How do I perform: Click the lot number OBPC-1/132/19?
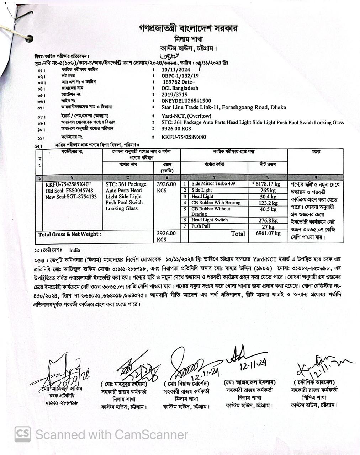[180, 76]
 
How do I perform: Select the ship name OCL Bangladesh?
[180, 88]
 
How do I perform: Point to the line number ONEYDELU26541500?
[186, 101]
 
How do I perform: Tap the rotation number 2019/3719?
[174, 95]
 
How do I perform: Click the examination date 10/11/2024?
[176, 70]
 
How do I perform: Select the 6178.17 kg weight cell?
[267, 184]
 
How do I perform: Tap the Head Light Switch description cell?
[210, 220]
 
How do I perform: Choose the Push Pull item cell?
[201, 226]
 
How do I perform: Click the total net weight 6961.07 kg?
[268, 234]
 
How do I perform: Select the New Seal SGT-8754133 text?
[71, 197]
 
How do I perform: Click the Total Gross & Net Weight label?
[70, 234]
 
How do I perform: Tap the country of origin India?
[75, 250]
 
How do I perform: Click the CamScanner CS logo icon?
[22, 434]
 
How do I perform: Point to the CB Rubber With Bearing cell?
[216, 203]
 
